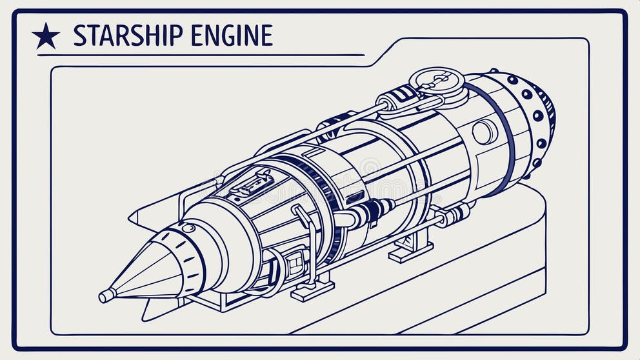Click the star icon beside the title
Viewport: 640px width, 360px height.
coord(46,36)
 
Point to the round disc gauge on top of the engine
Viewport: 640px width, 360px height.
coord(437,81)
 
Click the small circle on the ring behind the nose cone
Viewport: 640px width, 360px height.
coord(188,228)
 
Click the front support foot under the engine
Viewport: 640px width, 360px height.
coord(312,290)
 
